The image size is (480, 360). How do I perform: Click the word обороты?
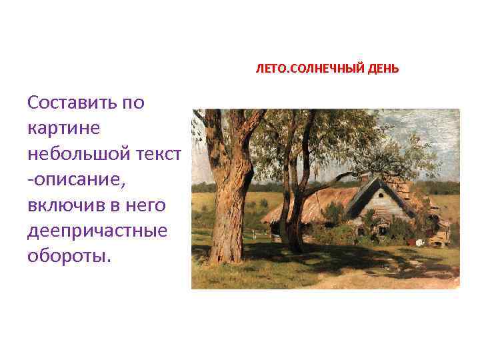66,257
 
